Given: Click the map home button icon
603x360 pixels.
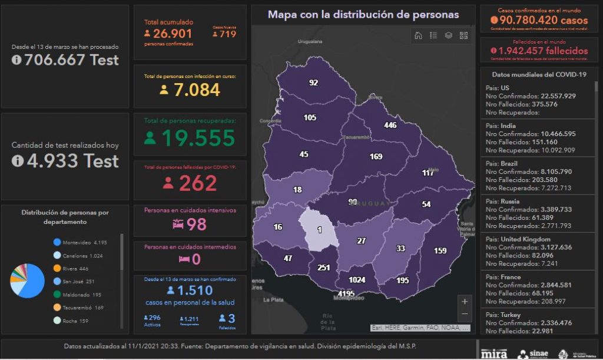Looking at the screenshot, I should tap(418, 35).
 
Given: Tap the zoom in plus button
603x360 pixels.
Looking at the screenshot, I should tap(465, 301).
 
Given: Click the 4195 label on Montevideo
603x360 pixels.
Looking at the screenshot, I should tap(346, 293).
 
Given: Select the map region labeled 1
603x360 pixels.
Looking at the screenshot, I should tap(319, 229).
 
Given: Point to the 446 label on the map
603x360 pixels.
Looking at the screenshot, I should tap(390, 125).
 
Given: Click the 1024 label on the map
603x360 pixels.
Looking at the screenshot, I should tap(357, 280).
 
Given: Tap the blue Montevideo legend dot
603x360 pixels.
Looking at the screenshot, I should tap(57, 242).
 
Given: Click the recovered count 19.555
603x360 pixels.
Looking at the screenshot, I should tap(198, 138).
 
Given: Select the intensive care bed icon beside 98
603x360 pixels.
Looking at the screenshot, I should tap(178, 224).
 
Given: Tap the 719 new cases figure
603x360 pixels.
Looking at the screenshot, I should tap(227, 34).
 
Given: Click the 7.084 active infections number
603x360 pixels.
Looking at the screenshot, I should tap(197, 90).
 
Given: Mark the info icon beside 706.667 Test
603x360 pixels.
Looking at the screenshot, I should tap(16, 60).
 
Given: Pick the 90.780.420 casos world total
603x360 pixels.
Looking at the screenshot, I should tap(544, 21).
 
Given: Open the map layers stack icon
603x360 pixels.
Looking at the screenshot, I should tap(449, 35).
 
